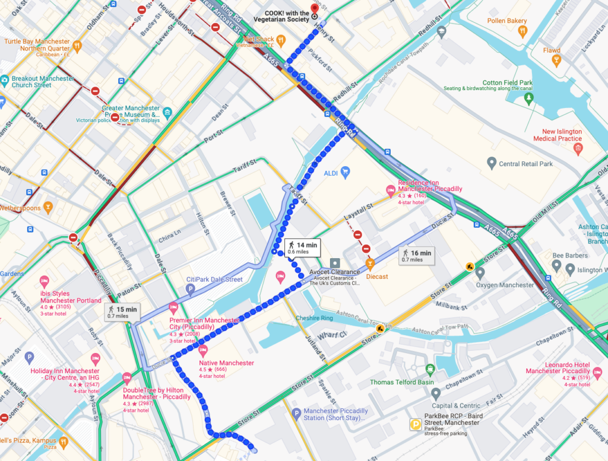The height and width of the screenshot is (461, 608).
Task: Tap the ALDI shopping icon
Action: tap(345, 172)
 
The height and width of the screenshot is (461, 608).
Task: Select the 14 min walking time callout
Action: tap(303, 247)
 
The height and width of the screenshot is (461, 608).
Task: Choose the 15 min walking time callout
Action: tap(122, 312)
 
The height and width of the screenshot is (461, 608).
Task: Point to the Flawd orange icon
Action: tap(556, 61)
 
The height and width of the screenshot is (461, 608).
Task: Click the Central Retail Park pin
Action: tap(491, 163)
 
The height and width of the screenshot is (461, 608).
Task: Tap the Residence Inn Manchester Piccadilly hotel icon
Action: tap(391, 190)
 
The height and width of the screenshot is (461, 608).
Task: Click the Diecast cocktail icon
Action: tap(370, 265)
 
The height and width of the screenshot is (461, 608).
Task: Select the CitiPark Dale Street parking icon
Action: tap(190, 290)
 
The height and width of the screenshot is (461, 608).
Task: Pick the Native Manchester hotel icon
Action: tap(202, 351)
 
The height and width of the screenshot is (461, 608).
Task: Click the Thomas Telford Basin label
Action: tap(401, 382)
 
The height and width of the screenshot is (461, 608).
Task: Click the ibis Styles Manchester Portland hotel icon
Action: tap(44, 282)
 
